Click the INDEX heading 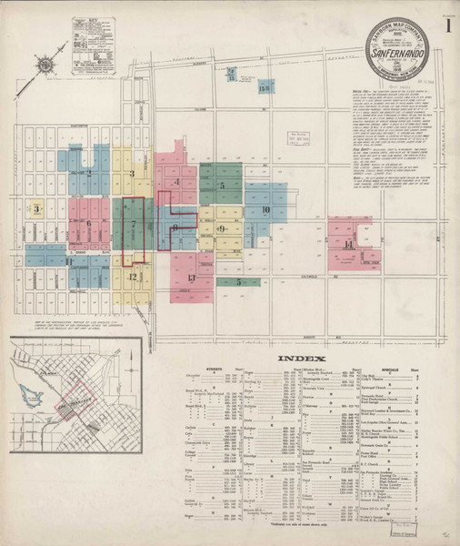tap(296, 358)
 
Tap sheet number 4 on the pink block tap(177, 182)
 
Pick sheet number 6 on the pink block tap(88, 223)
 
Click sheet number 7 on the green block tap(134, 223)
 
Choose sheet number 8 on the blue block tap(174, 227)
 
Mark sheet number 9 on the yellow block tap(221, 228)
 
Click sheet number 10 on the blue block tap(265, 211)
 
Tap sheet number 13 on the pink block tap(192, 278)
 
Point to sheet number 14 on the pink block tap(348, 245)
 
